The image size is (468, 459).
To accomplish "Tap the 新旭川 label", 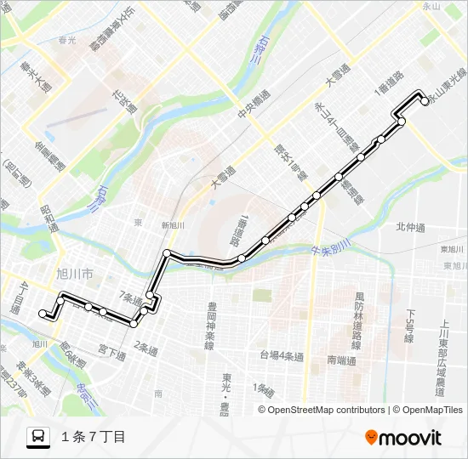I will click(173, 225).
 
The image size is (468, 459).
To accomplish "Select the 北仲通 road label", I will click(409, 226).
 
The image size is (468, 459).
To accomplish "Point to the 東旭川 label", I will click(452, 249).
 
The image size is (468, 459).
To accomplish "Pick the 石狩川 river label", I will click(254, 50).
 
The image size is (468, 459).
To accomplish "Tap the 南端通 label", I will click(340, 360).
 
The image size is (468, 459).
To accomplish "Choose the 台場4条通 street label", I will click(282, 356).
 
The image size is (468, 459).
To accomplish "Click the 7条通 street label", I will click(132, 297).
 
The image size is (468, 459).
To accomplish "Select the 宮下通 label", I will click(111, 350).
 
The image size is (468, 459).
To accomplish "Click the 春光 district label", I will click(67, 39).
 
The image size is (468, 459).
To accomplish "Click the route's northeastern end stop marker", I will click(425, 102).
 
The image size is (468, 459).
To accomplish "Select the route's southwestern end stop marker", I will click(43, 313).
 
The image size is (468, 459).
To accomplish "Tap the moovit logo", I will click(403, 438).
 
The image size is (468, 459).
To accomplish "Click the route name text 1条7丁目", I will click(94, 437).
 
